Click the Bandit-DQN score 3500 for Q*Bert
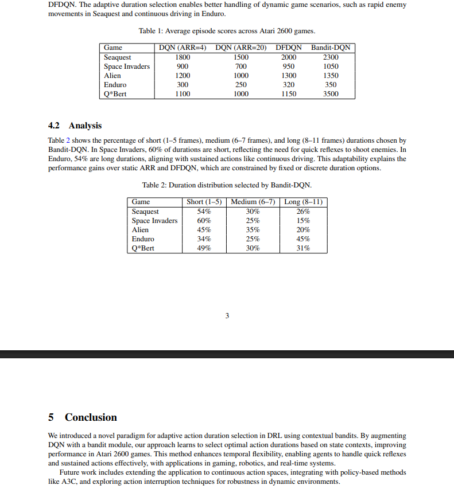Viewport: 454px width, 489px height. click(331, 94)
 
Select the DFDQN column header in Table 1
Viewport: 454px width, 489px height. click(289, 48)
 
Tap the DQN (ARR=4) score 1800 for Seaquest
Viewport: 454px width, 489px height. click(183, 57)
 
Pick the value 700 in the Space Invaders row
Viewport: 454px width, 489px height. click(241, 66)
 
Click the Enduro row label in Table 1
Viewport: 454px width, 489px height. click(115, 85)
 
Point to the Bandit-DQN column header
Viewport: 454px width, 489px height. click(331, 48)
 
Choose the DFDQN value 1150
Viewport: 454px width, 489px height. click(289, 94)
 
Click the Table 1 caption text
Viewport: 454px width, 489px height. click(227, 31)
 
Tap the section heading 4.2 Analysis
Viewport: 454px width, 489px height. click(75, 126)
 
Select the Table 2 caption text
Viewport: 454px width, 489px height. click(227, 185)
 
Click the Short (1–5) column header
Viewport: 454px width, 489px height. click(204, 202)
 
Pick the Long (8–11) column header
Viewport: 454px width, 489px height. click(304, 202)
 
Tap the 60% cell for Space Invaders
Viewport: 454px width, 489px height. click(204, 221)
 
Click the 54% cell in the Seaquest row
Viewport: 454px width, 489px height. click(204, 212)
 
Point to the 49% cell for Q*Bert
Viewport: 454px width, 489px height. click(204, 248)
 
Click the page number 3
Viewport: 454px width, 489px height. click(227, 316)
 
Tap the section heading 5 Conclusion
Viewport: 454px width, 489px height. click(83, 417)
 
